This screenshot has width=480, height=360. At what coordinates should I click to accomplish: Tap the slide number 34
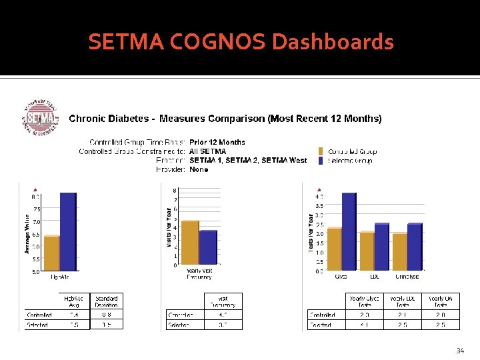point(459,350)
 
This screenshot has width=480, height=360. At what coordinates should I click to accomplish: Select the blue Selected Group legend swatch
point(321,161)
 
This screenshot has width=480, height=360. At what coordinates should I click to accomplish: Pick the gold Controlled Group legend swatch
point(321,151)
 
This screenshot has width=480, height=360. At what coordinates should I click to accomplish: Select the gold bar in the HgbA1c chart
point(51,253)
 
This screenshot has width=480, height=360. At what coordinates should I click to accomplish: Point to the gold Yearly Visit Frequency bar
point(190,242)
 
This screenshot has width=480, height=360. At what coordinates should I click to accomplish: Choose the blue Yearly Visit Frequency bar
point(208,247)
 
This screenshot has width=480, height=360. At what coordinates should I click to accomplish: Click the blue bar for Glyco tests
point(349,231)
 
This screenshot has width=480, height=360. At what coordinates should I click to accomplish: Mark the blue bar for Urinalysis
point(414,247)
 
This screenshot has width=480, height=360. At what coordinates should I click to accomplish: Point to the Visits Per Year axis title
point(169,227)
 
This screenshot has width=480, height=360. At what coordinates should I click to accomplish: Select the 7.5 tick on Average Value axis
point(36,209)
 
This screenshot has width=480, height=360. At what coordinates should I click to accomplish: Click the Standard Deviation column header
point(107,301)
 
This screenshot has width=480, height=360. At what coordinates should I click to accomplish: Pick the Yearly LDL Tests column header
point(403,301)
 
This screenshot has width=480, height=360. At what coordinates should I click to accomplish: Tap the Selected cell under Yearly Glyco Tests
point(365,325)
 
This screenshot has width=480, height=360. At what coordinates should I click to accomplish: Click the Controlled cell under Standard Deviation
point(107,315)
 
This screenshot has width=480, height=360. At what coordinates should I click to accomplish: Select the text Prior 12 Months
point(217,142)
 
